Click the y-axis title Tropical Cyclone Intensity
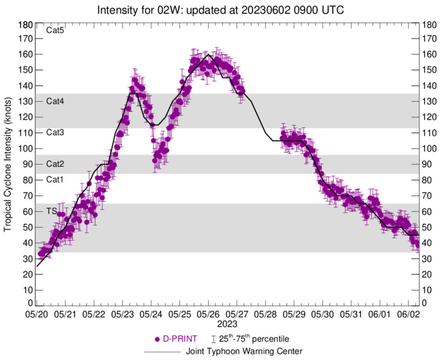pos(8,164)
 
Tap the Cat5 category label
pos(56,30)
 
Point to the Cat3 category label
pos(56,133)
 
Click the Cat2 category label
pos(56,164)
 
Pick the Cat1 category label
pos(56,179)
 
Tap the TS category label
pos(52,210)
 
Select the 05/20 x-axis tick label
pos(37,313)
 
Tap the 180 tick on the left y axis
pos(26,25)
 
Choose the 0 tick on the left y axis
pos(30,304)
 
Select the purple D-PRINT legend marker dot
pos(157,339)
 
